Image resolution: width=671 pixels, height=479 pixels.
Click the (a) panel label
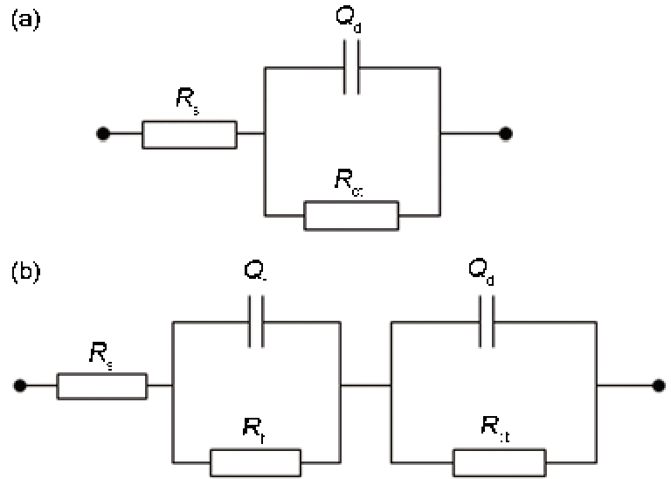(x=24, y=19)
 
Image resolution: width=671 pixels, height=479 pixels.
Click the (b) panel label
(x=24, y=272)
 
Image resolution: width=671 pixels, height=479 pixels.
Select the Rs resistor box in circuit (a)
(x=189, y=135)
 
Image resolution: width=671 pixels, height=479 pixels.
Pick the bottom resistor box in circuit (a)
(x=351, y=214)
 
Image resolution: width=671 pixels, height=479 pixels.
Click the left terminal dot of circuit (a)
(x=103, y=135)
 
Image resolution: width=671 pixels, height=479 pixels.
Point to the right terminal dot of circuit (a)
(x=505, y=135)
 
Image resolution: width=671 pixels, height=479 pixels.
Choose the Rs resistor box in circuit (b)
(x=102, y=385)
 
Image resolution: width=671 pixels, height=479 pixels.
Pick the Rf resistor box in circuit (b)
(x=256, y=462)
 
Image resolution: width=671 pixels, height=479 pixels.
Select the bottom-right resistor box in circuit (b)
(x=499, y=462)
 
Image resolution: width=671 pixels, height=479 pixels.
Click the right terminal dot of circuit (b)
(x=656, y=385)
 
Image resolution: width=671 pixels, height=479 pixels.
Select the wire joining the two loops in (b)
(x=366, y=385)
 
